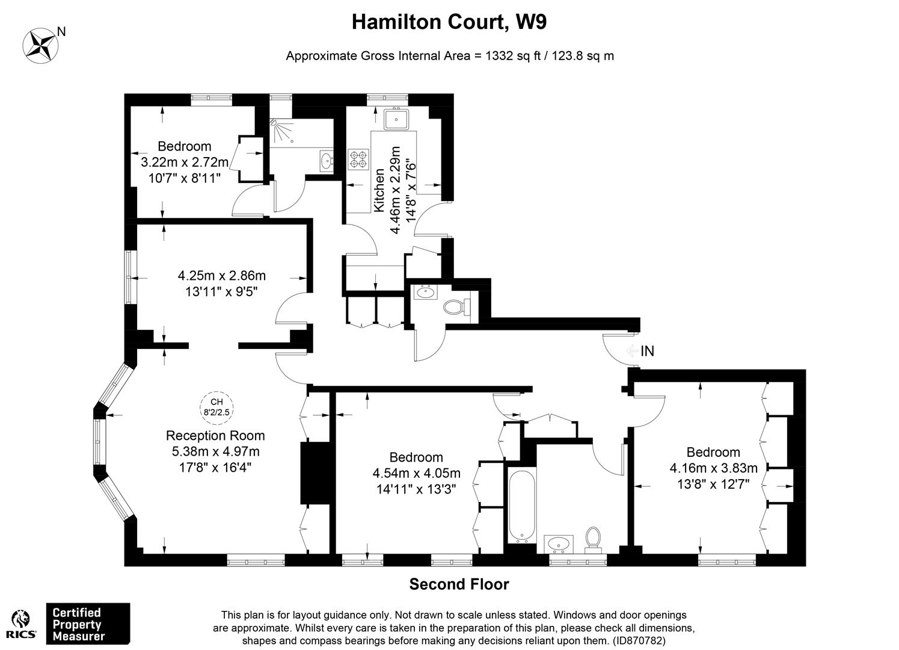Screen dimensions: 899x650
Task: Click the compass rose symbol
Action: (40, 46)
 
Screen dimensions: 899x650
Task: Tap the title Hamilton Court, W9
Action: (449, 22)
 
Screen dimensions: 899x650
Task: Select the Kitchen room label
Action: (379, 190)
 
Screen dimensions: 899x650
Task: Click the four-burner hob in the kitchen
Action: (358, 159)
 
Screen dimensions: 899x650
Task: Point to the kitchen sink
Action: (396, 119)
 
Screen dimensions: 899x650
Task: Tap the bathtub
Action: (522, 506)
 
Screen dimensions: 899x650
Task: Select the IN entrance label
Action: (648, 351)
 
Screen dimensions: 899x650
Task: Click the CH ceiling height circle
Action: (216, 407)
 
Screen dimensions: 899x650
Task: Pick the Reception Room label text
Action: (215, 436)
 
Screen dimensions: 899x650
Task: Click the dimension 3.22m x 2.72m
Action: (185, 162)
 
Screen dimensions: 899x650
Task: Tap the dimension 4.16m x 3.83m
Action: (714, 468)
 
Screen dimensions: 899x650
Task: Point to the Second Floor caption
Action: (459, 584)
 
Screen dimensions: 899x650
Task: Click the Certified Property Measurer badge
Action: (88, 624)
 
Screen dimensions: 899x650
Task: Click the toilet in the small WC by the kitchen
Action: (458, 308)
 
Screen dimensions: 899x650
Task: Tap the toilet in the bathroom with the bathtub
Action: (593, 540)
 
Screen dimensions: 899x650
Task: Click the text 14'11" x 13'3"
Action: (416, 489)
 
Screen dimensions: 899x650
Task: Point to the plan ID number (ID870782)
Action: (634, 640)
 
